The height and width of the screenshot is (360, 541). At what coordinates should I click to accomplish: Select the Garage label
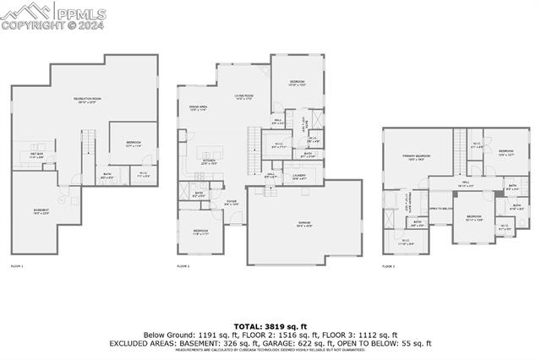click(x=303, y=224)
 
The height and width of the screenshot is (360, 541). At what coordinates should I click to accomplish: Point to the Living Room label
click(x=244, y=98)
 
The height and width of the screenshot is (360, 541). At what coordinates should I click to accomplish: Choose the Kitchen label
click(x=208, y=161)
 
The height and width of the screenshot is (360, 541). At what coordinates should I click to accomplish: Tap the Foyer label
click(x=231, y=202)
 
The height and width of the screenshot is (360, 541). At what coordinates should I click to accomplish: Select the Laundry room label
click(x=298, y=176)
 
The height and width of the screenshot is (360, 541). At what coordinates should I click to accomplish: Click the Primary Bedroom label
click(x=416, y=157)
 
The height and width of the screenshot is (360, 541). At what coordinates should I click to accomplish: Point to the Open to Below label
click(x=440, y=208)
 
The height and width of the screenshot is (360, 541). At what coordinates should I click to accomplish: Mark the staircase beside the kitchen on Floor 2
click(x=252, y=139)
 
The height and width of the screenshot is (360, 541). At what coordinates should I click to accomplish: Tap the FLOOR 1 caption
click(x=17, y=266)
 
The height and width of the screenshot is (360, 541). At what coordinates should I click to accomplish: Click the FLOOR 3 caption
click(x=388, y=266)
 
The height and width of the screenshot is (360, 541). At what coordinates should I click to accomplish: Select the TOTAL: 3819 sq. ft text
click(x=270, y=325)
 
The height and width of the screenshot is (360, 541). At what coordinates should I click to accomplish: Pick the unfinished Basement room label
click(x=41, y=211)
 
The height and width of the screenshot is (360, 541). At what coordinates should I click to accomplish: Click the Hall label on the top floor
click(x=465, y=184)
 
